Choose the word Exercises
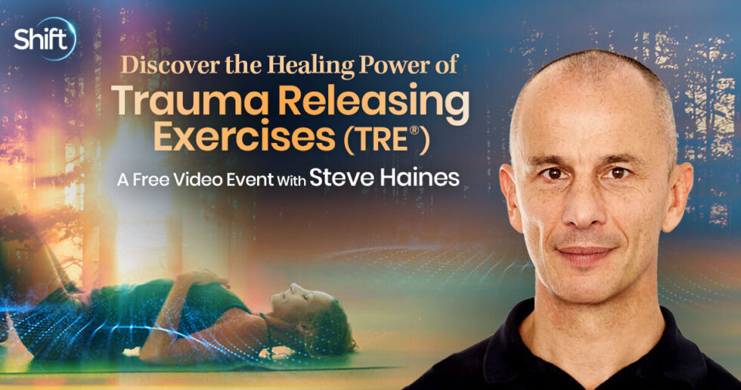(x=243, y=137)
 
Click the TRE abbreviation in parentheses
(x=387, y=139)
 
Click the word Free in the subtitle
(x=150, y=180)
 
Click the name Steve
(x=339, y=179)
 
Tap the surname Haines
(x=417, y=179)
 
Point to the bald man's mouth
(x=587, y=253)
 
